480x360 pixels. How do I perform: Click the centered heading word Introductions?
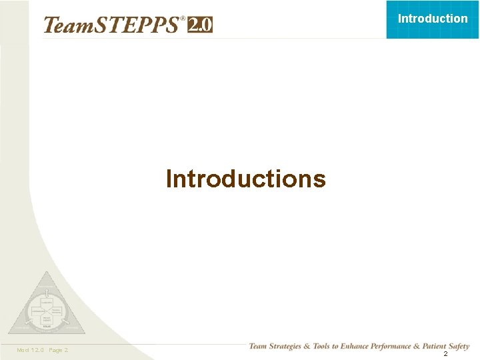[245, 179]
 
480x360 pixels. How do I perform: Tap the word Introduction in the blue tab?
[433, 19]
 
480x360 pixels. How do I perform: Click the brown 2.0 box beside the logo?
[200, 25]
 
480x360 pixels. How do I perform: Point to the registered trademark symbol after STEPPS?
[183, 19]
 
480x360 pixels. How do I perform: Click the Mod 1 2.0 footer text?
[29, 350]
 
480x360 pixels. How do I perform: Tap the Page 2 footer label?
[59, 350]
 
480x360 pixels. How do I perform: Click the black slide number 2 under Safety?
[445, 354]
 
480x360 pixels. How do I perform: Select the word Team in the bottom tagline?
[259, 346]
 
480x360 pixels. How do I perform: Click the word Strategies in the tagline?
[288, 346]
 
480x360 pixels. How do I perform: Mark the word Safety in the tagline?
[460, 346]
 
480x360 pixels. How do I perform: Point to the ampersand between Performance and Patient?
[425, 346]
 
